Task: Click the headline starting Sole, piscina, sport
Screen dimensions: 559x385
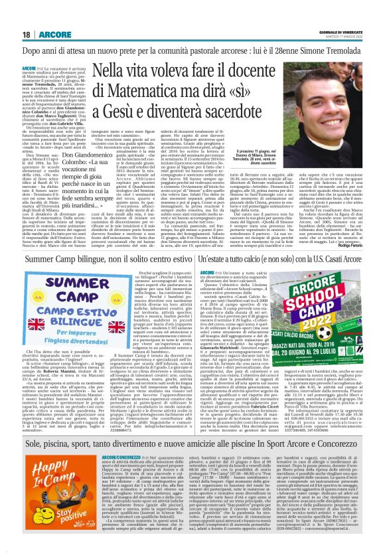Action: click(193, 442)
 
